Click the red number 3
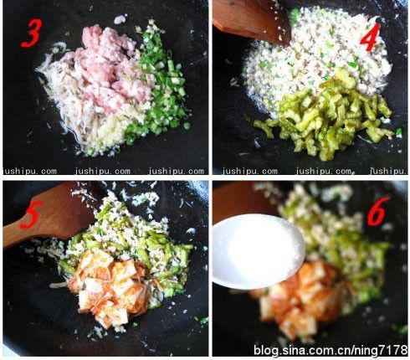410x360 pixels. pyautogui.click(x=31, y=33)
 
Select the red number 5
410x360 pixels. pyautogui.click(x=33, y=215)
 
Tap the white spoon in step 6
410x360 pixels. pyautogui.click(x=258, y=251)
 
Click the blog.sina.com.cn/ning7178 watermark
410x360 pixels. pyautogui.click(x=331, y=350)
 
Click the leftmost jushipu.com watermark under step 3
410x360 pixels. pyautogui.click(x=29, y=171)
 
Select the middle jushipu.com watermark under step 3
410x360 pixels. pyautogui.click(x=102, y=171)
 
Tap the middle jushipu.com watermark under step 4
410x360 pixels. pyautogui.click(x=324, y=171)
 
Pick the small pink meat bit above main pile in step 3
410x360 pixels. pyautogui.click(x=120, y=19)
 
